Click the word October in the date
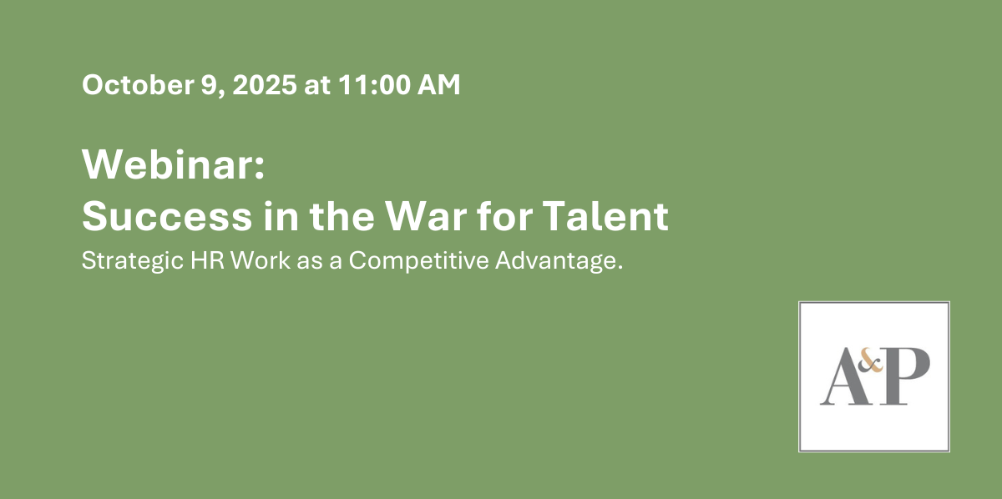point(138,84)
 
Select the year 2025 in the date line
point(265,84)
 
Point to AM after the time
point(439,84)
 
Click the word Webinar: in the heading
point(174,164)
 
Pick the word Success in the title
point(167,216)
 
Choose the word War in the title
point(427,216)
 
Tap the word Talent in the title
point(605,216)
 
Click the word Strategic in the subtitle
point(133,261)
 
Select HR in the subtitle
point(207,260)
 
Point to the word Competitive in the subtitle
point(418,261)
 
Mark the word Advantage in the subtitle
point(555,261)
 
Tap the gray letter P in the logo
point(903,376)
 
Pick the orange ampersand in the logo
point(870,361)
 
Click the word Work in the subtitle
point(260,260)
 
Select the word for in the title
point(504,215)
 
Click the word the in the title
point(342,216)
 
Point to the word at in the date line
point(317,85)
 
